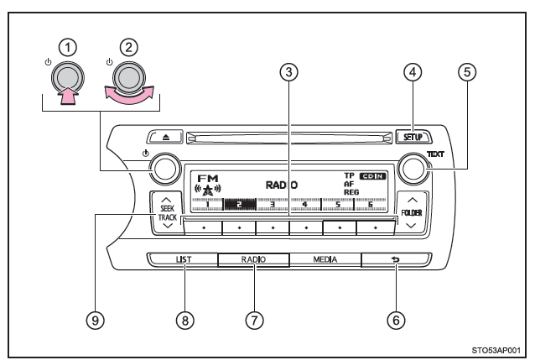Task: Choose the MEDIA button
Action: pyautogui.click(x=325, y=260)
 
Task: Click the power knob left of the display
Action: pyautogui.click(x=166, y=170)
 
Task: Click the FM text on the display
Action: pyautogui.click(x=206, y=178)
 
